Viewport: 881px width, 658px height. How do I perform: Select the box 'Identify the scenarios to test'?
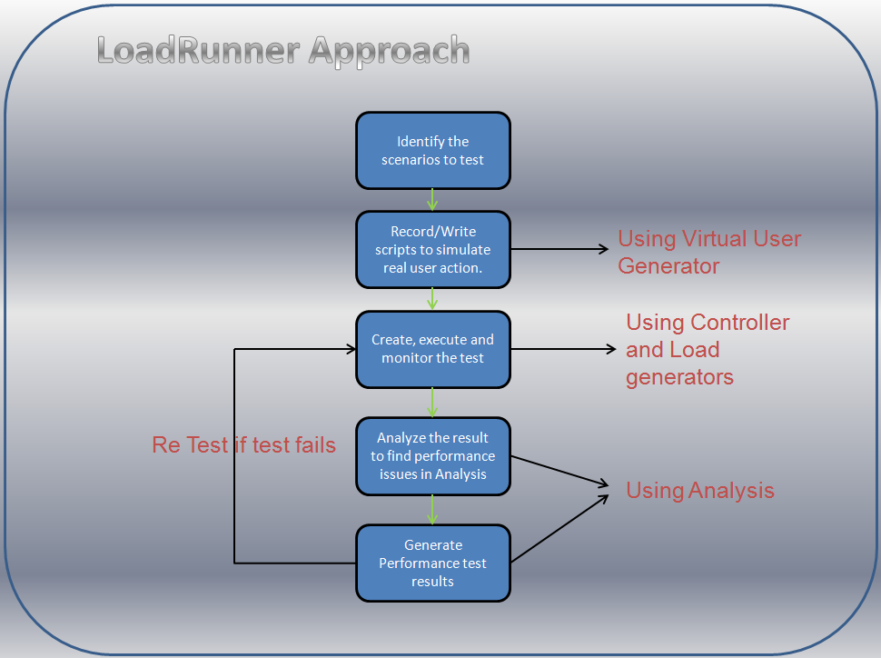432,151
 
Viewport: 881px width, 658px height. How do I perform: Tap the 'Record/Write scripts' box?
432,250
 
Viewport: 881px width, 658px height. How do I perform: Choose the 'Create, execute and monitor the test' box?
432,349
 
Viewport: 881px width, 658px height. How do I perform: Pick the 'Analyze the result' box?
432,456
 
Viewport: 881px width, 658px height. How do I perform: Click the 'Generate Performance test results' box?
432,563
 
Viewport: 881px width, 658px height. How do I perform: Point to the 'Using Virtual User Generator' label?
708,253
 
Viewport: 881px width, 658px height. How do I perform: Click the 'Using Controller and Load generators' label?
707,350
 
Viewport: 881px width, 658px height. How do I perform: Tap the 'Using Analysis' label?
699,491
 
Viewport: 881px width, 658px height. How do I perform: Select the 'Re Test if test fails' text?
243,445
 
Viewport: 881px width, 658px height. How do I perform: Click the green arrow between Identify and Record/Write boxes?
432,200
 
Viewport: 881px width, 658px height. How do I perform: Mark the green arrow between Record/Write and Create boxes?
432,299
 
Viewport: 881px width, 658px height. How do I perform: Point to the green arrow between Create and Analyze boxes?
432,402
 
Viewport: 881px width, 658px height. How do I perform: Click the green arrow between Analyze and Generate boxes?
432,509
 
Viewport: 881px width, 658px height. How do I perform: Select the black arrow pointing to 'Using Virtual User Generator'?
559,249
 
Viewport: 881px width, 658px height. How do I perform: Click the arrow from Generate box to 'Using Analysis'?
559,529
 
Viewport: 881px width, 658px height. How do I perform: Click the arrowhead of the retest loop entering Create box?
349,349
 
